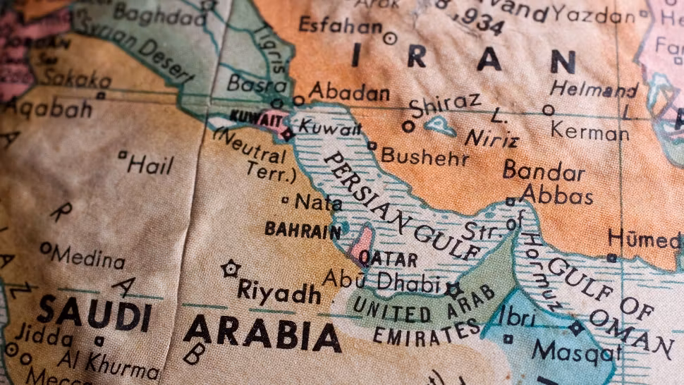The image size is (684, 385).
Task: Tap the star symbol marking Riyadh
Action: click(x=229, y=268)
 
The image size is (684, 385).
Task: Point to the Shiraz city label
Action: click(x=444, y=106)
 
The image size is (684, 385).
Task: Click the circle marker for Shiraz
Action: click(x=408, y=127)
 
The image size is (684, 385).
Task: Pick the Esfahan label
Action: click(x=340, y=25)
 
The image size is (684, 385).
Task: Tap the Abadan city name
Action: click(x=349, y=92)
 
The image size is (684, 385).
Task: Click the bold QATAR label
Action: click(x=388, y=258)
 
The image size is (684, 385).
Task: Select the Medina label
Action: click(x=88, y=257)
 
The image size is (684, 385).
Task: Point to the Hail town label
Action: click(x=150, y=165)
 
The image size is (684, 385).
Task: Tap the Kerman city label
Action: click(x=590, y=131)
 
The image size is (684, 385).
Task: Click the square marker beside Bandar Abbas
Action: click(x=510, y=202)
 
